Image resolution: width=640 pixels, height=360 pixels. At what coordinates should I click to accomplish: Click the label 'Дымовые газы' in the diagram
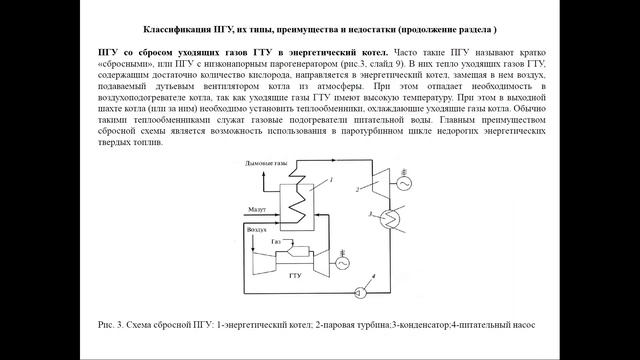(x=262, y=162)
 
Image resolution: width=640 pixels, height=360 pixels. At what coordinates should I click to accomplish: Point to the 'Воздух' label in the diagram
(x=257, y=228)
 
